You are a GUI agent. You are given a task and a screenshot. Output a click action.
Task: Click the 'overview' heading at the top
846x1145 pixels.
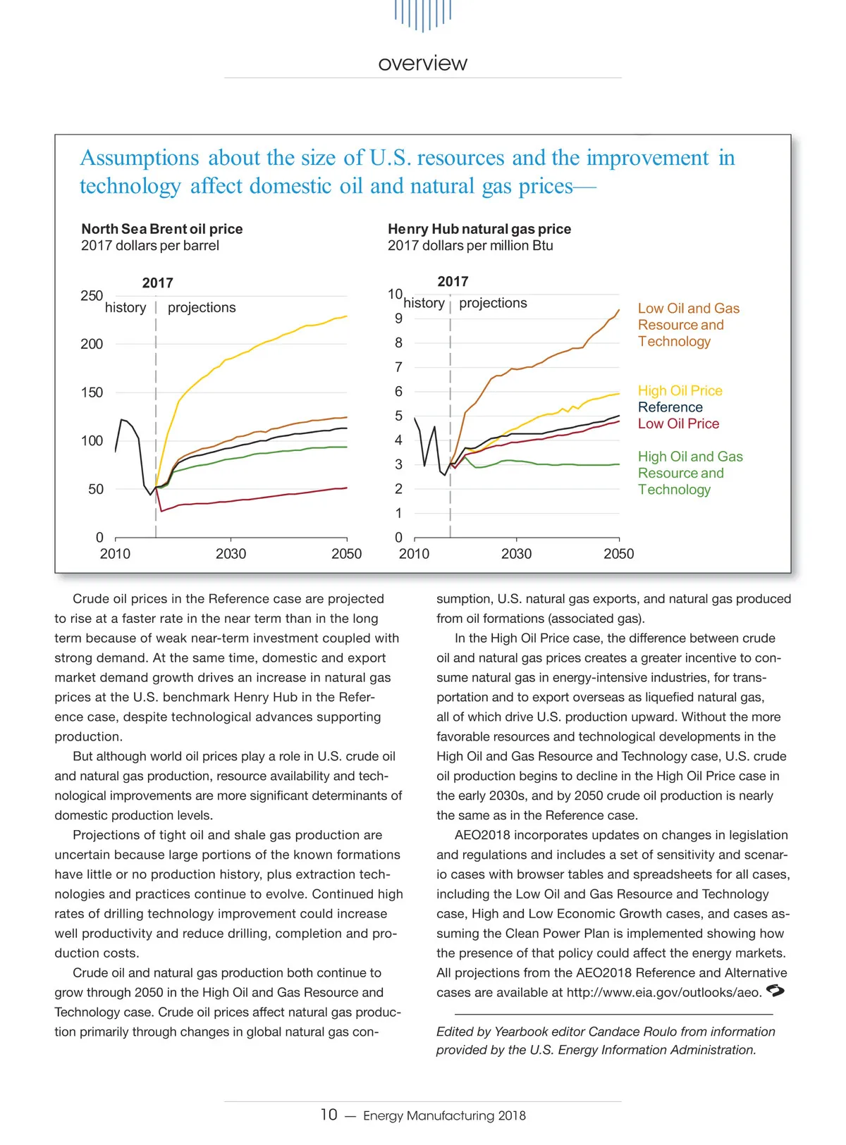422,63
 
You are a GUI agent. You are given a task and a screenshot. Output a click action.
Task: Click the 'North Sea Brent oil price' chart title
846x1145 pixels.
161,229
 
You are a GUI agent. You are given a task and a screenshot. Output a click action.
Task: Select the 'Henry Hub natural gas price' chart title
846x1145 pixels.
479,229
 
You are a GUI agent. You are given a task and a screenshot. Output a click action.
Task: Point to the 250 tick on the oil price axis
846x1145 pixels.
92,296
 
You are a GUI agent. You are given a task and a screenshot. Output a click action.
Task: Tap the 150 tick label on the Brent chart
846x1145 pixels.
92,392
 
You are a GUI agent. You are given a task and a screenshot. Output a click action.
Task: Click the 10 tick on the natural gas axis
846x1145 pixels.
395,294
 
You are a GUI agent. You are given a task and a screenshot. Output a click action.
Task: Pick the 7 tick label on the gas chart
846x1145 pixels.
398,367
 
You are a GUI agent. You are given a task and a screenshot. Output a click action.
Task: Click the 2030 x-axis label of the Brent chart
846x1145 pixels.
231,554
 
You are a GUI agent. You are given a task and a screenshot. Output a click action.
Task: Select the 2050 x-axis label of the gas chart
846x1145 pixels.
618,554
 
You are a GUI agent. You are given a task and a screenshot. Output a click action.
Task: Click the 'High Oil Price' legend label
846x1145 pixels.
680,391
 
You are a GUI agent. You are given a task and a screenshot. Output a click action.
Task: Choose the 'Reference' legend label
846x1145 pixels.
670,407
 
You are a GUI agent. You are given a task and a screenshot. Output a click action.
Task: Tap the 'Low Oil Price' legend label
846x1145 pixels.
678,423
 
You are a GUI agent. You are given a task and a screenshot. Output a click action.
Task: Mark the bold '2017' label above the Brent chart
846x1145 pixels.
157,283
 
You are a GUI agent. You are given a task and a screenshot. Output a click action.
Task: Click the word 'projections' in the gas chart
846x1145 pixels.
493,303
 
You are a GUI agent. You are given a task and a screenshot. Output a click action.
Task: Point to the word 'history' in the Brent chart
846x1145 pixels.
125,308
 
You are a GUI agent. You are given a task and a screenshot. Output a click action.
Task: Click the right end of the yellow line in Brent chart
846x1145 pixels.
346,316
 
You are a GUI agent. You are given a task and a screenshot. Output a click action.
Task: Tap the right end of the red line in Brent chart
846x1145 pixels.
346,488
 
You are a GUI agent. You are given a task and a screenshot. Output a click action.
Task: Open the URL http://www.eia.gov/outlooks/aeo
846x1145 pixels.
664,993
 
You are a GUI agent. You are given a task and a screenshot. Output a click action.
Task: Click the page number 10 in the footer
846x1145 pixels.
329,1115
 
